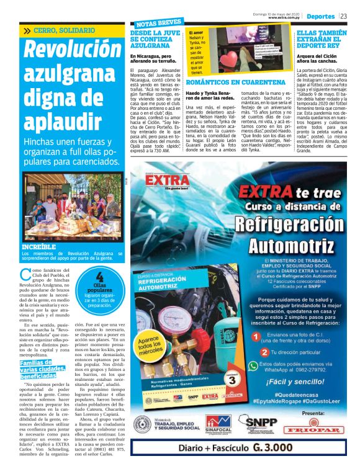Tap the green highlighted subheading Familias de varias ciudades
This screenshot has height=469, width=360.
pos(38,369)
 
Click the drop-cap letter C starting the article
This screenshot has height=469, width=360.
pos(25,275)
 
